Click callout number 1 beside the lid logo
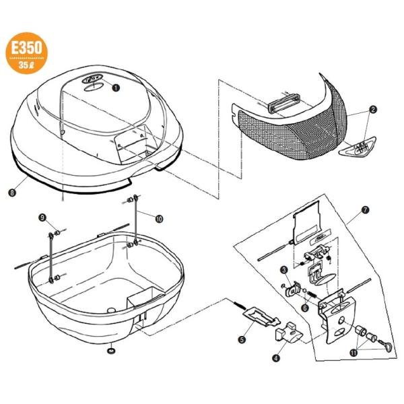(116, 87)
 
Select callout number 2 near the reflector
(372, 108)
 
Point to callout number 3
(284, 269)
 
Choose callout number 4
(275, 359)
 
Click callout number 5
(241, 340)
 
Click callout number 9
(42, 217)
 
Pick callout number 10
(159, 217)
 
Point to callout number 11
(354, 351)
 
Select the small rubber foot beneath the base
(109, 351)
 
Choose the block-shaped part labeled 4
(289, 333)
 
